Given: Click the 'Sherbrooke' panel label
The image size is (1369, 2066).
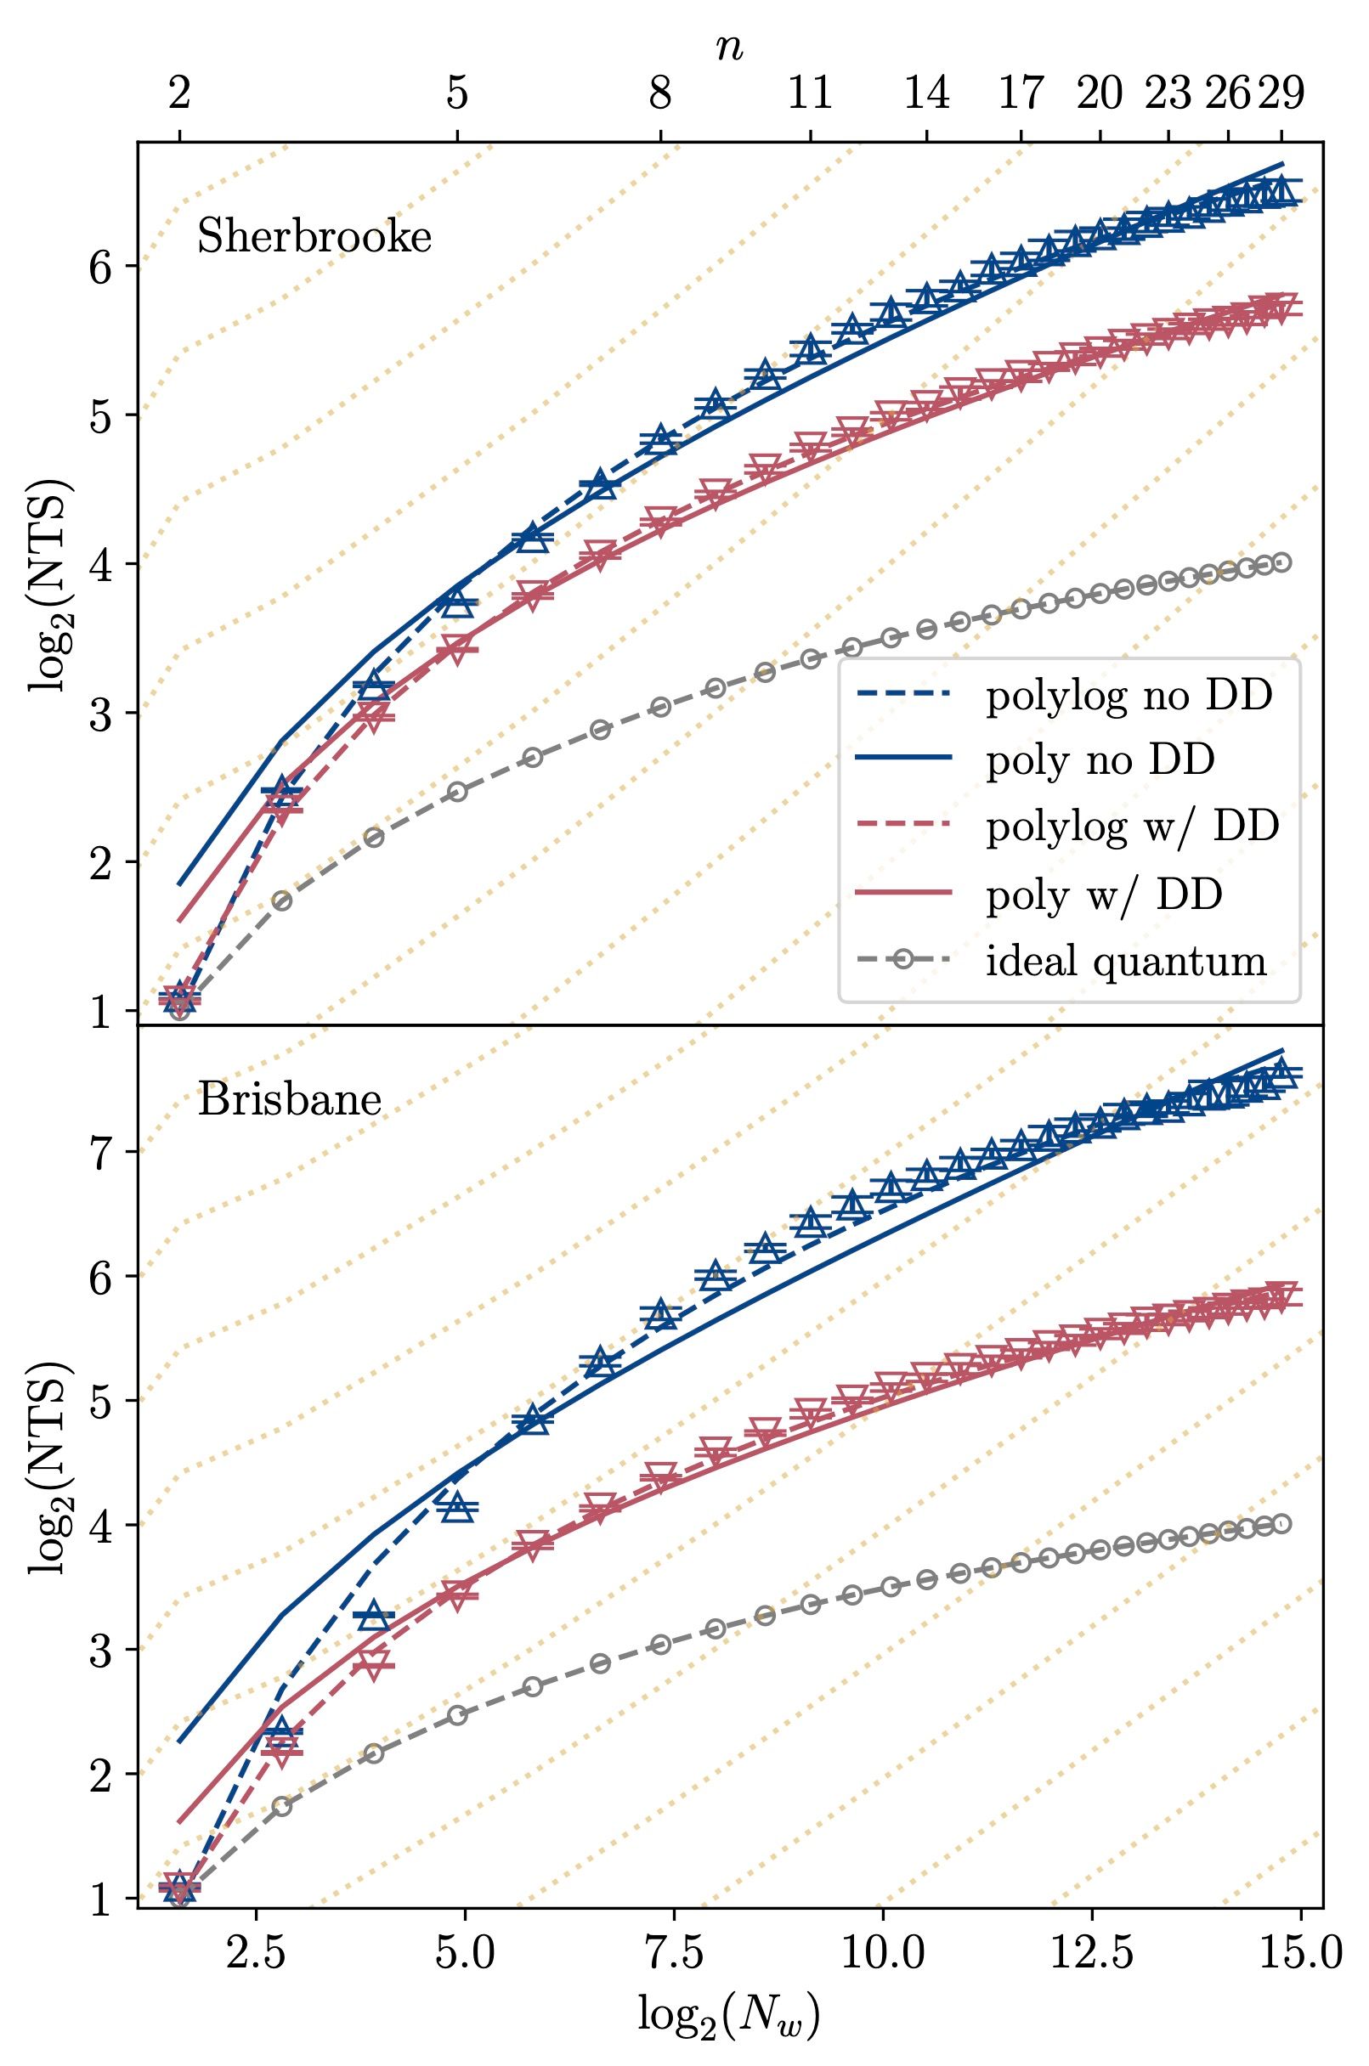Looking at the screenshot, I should (314, 237).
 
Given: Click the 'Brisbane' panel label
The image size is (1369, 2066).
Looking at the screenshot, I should (290, 1101).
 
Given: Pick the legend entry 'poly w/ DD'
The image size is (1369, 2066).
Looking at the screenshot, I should (1104, 895).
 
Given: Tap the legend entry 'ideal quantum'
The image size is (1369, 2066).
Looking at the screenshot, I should (1126, 961).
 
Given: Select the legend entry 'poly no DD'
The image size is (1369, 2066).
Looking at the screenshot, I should (1100, 761).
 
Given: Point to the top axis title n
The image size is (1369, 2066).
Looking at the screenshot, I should (729, 48).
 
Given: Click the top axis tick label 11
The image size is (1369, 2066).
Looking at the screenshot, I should (810, 93).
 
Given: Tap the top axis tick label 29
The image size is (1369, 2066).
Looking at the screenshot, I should (1281, 93).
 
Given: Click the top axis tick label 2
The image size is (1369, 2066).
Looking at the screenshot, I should (179, 93).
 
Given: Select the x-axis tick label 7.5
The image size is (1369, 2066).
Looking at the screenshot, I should (674, 1954).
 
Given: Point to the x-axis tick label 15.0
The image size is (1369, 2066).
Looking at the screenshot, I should (1301, 1954).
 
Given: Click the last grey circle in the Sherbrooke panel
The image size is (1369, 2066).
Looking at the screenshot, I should (1281, 562).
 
